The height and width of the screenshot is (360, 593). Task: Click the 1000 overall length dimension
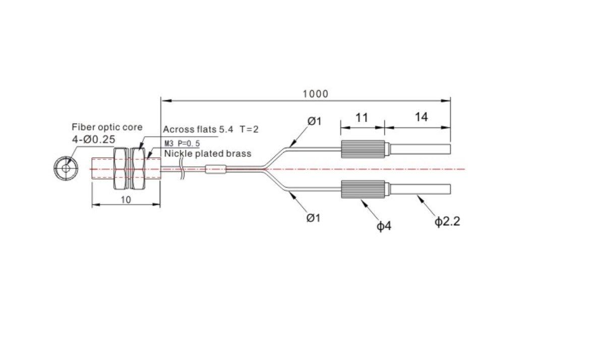[316, 93]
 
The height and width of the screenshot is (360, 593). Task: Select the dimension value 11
[362, 117]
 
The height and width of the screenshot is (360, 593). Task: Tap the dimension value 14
[422, 117]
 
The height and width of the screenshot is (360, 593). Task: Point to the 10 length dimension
[126, 199]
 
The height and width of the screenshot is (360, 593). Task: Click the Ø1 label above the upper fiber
[314, 121]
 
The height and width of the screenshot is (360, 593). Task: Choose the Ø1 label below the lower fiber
[314, 218]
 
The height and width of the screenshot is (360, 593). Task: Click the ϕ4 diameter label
[384, 226]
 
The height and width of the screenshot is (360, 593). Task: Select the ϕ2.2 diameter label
[447, 221]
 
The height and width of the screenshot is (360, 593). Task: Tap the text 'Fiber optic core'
[107, 127]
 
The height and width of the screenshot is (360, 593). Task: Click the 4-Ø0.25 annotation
[93, 139]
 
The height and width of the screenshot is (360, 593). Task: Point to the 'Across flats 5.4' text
[198, 129]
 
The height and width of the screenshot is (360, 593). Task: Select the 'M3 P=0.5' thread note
[183, 144]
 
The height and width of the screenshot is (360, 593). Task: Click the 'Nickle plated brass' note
[208, 153]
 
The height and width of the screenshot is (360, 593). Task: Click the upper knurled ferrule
[363, 149]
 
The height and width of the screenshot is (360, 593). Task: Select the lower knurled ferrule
[363, 189]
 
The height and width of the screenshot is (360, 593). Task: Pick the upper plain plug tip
[418, 149]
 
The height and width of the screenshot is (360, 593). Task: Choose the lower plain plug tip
[418, 189]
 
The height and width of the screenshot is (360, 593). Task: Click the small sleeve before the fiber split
[216, 169]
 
